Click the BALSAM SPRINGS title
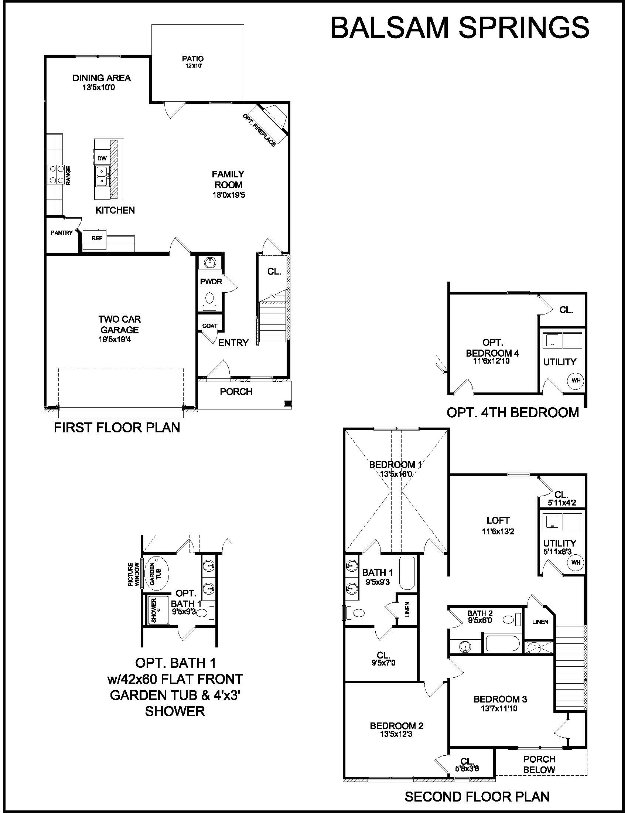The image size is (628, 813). [460, 28]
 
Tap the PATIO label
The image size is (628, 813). [193, 58]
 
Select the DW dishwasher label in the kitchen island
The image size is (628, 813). [102, 158]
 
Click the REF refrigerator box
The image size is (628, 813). [95, 241]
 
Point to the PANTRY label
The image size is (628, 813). [62, 233]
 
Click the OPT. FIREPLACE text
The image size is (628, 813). [259, 130]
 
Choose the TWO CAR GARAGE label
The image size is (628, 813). [119, 324]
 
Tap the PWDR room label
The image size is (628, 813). [211, 282]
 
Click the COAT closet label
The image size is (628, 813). [210, 326]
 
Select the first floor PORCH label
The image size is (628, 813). [236, 392]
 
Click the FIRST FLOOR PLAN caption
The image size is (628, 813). [117, 427]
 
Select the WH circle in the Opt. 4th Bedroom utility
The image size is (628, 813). [576, 380]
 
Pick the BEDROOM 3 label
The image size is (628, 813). [500, 699]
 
